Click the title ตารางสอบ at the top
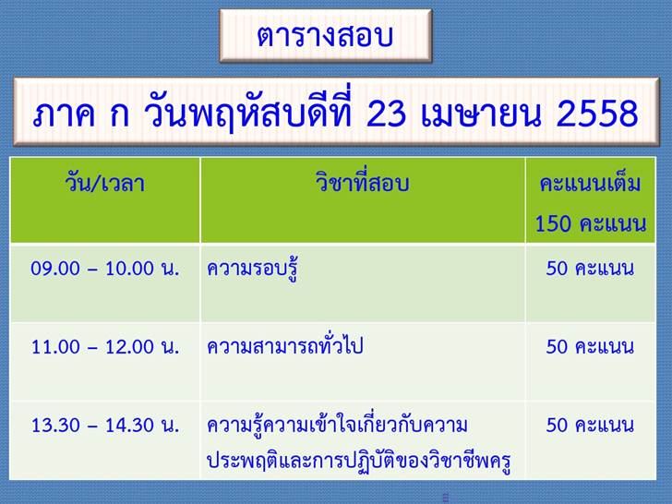325,36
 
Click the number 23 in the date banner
386,114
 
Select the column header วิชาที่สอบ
362,182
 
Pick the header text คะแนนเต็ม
590,184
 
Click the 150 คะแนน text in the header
591,223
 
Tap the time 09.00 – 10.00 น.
105,269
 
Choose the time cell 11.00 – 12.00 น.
105,347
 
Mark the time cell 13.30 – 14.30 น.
105,426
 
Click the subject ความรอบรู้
252,269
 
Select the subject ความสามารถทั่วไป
285,345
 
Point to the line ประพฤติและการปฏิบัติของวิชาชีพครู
359,462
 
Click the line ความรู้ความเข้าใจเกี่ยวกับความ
337,425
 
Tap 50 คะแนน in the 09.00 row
590,269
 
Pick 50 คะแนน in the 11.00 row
590,347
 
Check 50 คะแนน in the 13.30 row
590,426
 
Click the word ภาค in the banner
64,114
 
